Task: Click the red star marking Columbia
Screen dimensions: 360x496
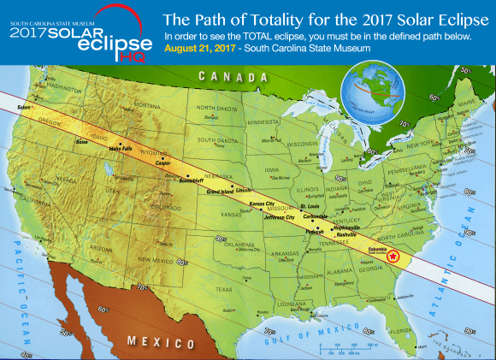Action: coord(393,256)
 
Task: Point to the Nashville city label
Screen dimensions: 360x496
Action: coord(346,234)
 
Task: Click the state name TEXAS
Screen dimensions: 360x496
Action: coord(224,289)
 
